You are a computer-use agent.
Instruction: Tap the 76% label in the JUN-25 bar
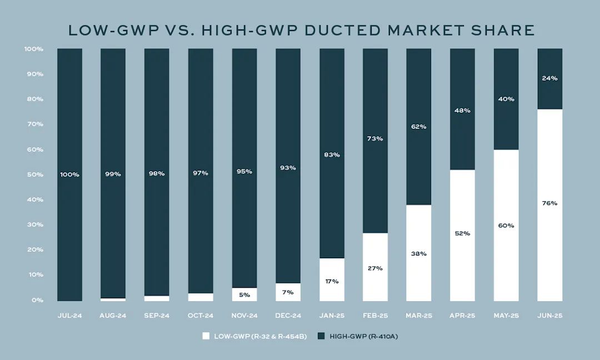pyautogui.click(x=550, y=203)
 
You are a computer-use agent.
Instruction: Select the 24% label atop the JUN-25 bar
pyautogui.click(x=550, y=78)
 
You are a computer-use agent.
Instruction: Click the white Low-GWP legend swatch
pyautogui.click(x=206, y=336)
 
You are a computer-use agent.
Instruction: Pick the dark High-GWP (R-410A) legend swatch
pyautogui.click(x=321, y=336)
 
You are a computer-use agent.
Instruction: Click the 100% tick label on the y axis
pyautogui.click(x=34, y=49)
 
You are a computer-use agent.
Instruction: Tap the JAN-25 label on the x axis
pyautogui.click(x=332, y=316)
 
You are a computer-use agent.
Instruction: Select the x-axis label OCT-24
pyautogui.click(x=201, y=316)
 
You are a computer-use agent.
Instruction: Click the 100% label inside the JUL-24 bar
pyautogui.click(x=70, y=174)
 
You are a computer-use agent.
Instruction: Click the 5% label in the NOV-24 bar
pyautogui.click(x=244, y=295)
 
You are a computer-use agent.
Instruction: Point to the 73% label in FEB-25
pyautogui.click(x=376, y=139)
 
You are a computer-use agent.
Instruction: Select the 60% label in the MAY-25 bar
pyautogui.click(x=506, y=226)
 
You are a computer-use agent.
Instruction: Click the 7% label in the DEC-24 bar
pyautogui.click(x=288, y=292)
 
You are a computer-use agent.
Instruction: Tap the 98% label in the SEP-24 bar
pyautogui.click(x=157, y=174)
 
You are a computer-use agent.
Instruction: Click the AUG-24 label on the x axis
pyautogui.click(x=113, y=316)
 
